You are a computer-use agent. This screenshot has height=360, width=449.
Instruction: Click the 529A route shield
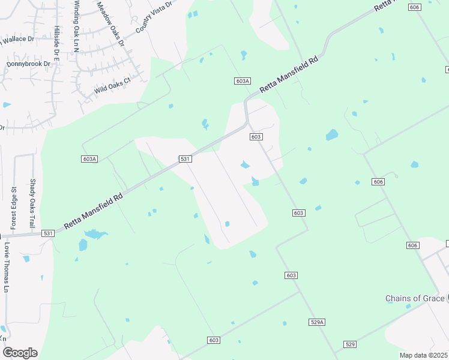(318, 322)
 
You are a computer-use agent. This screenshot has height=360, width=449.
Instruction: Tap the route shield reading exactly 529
(351, 344)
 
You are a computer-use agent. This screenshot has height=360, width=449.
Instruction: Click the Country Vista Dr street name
(154, 17)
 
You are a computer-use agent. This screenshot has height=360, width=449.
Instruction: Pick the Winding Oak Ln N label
(77, 26)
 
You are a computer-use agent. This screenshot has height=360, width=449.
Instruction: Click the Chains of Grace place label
(415, 298)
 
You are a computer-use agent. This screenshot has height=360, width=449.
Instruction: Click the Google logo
(20, 352)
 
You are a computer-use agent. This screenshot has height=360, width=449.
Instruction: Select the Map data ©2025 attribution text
(423, 355)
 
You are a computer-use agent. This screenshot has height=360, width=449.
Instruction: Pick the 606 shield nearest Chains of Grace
(412, 245)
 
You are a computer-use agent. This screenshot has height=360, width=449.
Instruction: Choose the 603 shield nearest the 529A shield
(291, 275)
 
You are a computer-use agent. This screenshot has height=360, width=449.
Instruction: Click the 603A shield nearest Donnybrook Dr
(89, 159)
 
